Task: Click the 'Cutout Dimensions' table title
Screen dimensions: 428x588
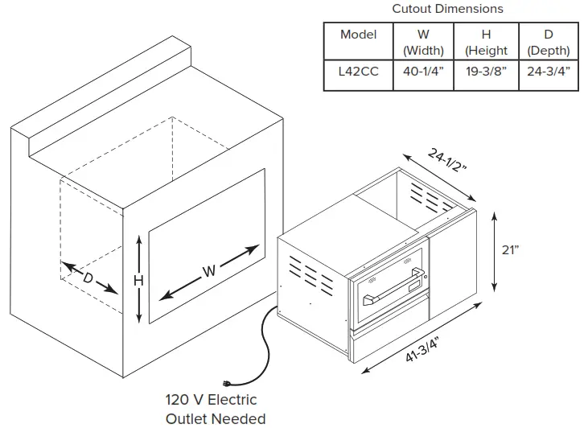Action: click(447, 9)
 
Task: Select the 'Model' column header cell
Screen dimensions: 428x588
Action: click(358, 35)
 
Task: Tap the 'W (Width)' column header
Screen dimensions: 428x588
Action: click(423, 42)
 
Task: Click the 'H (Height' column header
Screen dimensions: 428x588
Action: click(487, 42)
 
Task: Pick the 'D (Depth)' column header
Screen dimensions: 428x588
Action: click(549, 42)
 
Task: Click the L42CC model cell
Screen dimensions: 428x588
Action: click(358, 72)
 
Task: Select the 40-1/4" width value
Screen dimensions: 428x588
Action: click(423, 72)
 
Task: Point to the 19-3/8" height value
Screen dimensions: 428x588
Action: click(487, 72)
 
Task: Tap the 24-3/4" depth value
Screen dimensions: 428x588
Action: click(549, 72)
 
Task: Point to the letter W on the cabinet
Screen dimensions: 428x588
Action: click(209, 271)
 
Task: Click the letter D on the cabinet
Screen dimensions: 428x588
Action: click(88, 278)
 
